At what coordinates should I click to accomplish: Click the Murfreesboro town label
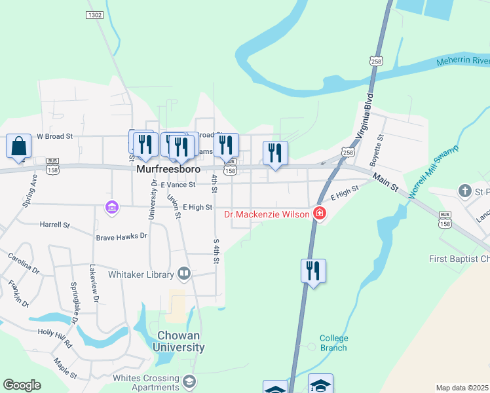tap(168, 168)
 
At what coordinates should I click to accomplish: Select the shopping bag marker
tap(19, 146)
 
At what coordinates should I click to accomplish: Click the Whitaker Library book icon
tap(184, 274)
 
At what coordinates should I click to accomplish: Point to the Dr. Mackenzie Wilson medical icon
tap(319, 214)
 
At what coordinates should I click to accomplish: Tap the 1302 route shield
tap(95, 14)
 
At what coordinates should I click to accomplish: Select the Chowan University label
tap(179, 341)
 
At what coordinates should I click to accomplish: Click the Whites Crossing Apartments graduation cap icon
tap(189, 381)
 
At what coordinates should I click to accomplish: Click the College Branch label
tap(333, 343)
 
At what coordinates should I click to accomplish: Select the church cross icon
tap(465, 191)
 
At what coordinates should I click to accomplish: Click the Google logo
tap(22, 385)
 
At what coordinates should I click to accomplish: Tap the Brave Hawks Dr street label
tap(122, 236)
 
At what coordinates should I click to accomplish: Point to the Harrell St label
tap(54, 225)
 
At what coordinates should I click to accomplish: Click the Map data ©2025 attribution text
tap(462, 388)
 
